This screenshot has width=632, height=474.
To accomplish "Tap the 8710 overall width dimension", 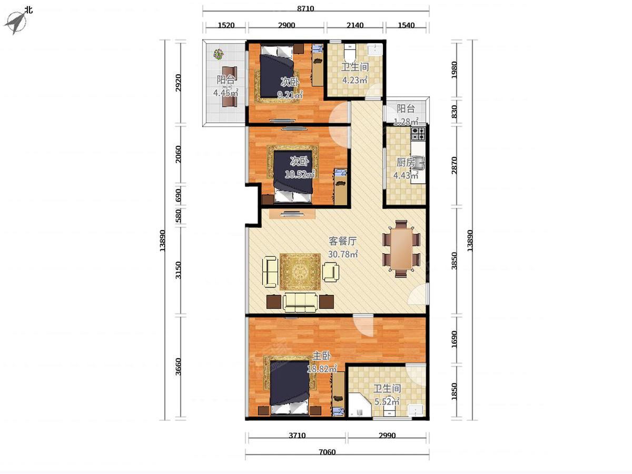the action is (x=305, y=8).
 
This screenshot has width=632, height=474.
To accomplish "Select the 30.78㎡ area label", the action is (x=343, y=254).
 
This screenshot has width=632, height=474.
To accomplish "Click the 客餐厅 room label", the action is (x=343, y=241).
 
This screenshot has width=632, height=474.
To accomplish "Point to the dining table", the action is (x=401, y=249).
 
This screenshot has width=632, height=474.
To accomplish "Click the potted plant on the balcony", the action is (x=219, y=54).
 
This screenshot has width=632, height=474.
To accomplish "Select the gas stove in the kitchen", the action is (x=418, y=133).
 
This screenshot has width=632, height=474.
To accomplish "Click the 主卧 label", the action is (x=321, y=356).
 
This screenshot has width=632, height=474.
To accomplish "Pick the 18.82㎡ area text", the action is (x=322, y=369).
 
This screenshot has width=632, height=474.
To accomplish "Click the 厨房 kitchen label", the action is (x=406, y=163).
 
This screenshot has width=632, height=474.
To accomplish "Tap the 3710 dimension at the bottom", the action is (x=297, y=435).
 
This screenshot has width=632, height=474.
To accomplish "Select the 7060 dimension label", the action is (x=327, y=452).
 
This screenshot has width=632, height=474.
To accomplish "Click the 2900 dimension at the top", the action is (x=287, y=25).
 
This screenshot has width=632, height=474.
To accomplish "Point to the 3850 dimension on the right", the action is (x=454, y=261).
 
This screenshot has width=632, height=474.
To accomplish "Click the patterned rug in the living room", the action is (x=300, y=272).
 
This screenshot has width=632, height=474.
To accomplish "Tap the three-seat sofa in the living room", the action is (x=300, y=302).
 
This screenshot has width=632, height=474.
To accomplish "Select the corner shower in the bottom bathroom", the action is (x=360, y=404).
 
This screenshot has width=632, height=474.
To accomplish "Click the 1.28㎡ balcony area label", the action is (x=406, y=122).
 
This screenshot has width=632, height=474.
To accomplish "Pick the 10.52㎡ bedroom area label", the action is (x=300, y=174).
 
